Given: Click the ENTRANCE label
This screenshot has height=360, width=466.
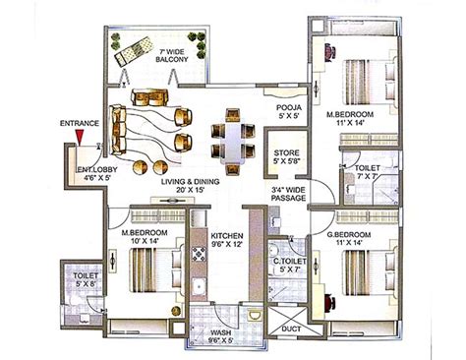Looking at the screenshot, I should click(x=79, y=123).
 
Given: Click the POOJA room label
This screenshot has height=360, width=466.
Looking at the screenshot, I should click(x=287, y=110).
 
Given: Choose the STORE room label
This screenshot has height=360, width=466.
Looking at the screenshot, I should click(x=286, y=155).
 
